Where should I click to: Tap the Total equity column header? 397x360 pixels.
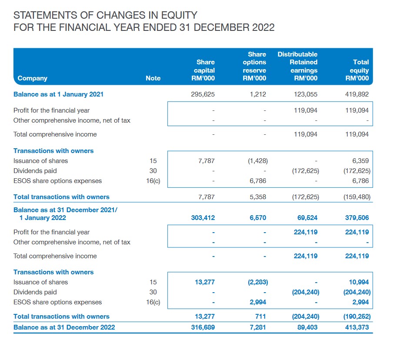coord(360,70)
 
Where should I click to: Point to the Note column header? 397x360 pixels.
coord(153,78)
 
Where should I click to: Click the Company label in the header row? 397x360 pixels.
coord(33,78)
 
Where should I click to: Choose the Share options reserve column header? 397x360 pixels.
coord(255,66)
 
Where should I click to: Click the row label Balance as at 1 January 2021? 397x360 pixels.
coord(58,94)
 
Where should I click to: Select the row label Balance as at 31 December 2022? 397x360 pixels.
coord(64,327)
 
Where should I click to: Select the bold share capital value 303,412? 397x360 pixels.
coord(203,218)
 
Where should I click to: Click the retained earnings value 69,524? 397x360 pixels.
coord(307,218)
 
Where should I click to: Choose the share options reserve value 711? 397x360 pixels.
coord(260,317)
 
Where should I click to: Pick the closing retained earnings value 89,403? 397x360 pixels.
coord(307,327)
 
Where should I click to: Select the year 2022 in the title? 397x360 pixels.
coord(263,27)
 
